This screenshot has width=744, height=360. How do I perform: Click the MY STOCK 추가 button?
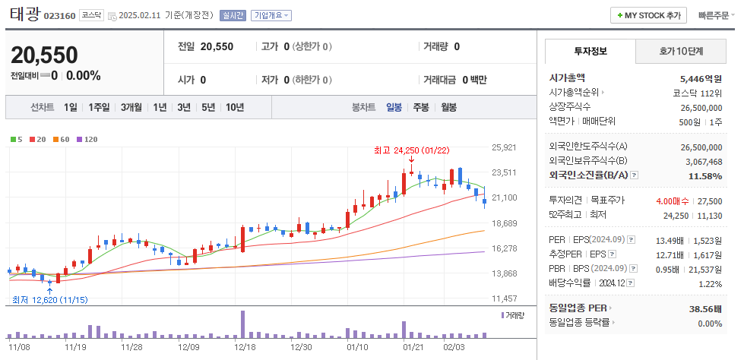(x=649, y=15)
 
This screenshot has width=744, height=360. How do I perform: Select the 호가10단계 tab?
(x=680, y=52)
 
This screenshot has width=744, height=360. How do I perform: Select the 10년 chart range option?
(x=235, y=107)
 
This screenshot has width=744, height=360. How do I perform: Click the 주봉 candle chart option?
(x=420, y=107)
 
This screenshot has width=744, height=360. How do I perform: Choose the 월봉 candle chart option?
(x=448, y=107)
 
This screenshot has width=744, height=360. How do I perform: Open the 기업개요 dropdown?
(x=271, y=15)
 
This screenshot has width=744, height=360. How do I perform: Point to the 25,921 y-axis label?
(x=505, y=147)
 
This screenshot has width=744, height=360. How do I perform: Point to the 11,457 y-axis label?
(x=505, y=298)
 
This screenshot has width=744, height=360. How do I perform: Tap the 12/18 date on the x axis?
(x=245, y=346)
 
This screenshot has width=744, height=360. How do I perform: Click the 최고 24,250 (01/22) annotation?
(x=412, y=150)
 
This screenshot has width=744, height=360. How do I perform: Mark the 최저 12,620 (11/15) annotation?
(x=50, y=300)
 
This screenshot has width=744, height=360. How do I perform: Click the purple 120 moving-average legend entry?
(x=87, y=139)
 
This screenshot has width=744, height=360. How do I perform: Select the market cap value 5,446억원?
(x=701, y=78)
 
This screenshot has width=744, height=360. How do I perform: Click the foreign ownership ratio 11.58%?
(x=705, y=176)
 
